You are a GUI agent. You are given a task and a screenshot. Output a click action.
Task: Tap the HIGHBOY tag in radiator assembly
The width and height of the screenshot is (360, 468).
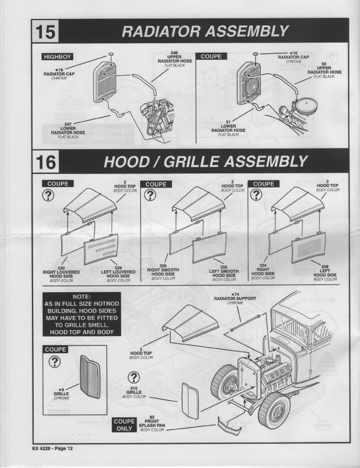(x=57, y=57)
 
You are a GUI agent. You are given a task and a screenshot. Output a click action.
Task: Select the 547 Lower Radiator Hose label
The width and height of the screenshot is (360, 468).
(x=68, y=130)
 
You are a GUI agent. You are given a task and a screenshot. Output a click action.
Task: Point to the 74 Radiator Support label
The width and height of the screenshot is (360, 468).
(x=235, y=299)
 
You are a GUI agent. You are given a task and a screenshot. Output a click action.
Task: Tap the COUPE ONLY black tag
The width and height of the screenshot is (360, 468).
(x=124, y=424)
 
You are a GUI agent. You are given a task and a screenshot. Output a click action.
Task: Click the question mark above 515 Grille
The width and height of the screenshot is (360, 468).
(x=134, y=377)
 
